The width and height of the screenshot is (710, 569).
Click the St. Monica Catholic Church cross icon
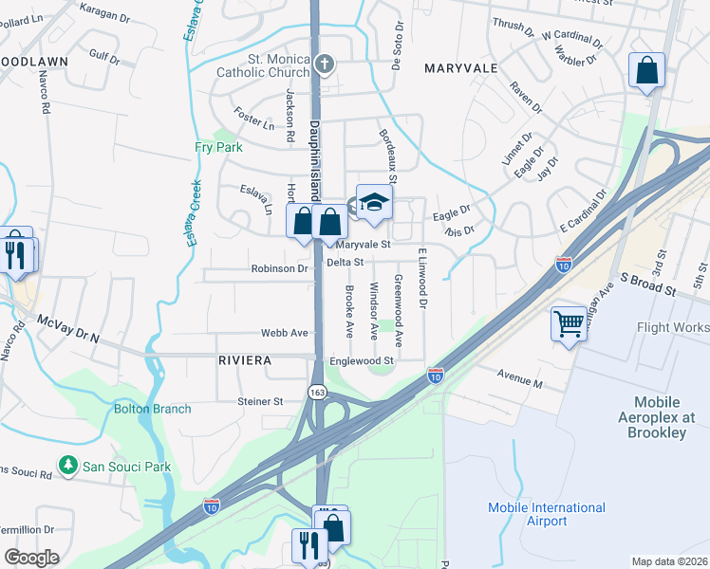[x=325, y=65]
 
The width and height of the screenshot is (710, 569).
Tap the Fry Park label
[x=218, y=147]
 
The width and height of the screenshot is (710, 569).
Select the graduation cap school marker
[x=374, y=202]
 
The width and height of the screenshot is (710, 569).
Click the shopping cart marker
[x=568, y=324]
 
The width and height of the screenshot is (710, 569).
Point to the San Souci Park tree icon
[x=67, y=465]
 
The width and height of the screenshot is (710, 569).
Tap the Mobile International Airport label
[x=546, y=514]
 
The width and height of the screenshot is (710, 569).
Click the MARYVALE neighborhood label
[x=461, y=68]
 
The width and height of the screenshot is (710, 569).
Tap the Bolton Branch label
[x=152, y=409]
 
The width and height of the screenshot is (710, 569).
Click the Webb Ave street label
[x=286, y=334]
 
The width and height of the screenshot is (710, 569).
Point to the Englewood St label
[x=361, y=361]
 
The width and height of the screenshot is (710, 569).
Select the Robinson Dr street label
[x=279, y=268]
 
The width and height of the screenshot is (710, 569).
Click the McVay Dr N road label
[x=68, y=329]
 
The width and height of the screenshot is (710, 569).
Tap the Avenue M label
[x=519, y=382]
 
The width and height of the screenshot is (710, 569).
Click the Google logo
[x=31, y=558]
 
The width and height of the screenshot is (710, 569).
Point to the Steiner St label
[x=260, y=401]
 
